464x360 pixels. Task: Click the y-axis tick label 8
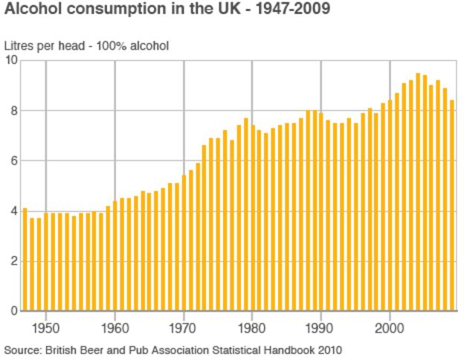13,111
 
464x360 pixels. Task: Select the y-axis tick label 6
13,161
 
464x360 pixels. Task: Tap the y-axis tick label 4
13,211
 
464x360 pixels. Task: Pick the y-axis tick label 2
13,261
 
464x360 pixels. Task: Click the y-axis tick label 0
13,311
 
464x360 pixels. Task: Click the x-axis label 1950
46,326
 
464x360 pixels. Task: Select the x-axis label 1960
115,326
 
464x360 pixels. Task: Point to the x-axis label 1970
184,326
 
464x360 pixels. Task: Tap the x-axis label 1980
252,326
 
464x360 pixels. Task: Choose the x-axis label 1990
320,326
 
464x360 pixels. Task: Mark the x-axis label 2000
390,326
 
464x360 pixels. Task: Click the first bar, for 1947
25,260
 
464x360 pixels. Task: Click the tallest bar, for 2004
418,193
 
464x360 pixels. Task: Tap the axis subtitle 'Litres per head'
44,46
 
